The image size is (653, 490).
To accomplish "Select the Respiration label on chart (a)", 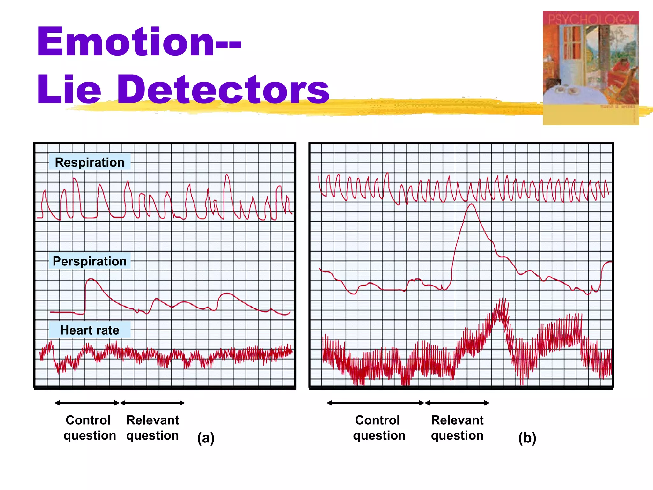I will point(90,162).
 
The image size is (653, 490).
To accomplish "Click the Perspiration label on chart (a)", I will point(90,261).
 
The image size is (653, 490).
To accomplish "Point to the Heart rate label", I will point(90,330).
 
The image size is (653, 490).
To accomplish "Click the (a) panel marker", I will point(206,438).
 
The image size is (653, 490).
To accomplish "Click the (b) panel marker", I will point(527,438).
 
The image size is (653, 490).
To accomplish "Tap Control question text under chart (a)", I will point(89,428).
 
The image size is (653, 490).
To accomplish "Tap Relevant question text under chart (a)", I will point(152,428).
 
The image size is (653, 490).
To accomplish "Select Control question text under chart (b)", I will point(379,428).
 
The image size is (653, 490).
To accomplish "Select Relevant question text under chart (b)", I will point(457,428).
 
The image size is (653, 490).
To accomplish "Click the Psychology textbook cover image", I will point(591,68).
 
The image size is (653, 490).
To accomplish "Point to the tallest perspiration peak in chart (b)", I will point(471,205).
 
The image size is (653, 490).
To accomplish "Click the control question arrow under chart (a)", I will point(87,403).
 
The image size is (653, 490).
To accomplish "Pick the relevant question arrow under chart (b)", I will point(457,403).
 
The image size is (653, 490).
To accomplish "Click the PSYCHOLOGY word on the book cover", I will point(591,19).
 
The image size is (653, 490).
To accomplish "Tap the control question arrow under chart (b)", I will point(376,403).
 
